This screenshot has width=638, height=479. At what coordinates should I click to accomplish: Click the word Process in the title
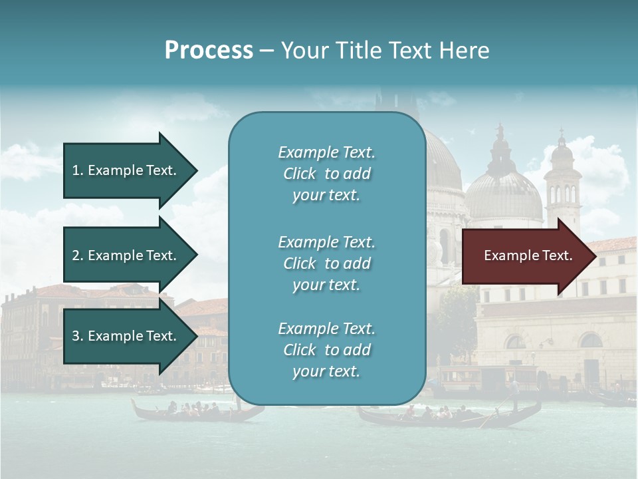209,51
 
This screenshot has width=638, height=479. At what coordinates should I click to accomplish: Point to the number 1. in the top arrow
78,170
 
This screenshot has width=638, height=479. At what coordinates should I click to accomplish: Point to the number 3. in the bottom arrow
78,336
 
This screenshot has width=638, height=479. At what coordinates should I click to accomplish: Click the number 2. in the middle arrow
78,255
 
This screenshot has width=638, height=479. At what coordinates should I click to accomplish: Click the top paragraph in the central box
326,174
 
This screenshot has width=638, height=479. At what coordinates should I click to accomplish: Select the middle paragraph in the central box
326,263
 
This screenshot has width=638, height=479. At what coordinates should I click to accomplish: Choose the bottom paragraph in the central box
326,350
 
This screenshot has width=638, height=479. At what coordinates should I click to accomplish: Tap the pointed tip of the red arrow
595,255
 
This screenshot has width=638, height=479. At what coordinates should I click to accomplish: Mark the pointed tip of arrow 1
196,170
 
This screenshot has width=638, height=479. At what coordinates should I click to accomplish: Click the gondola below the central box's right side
445,416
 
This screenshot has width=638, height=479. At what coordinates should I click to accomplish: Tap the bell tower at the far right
562,180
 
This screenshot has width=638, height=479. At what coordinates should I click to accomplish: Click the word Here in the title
465,51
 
